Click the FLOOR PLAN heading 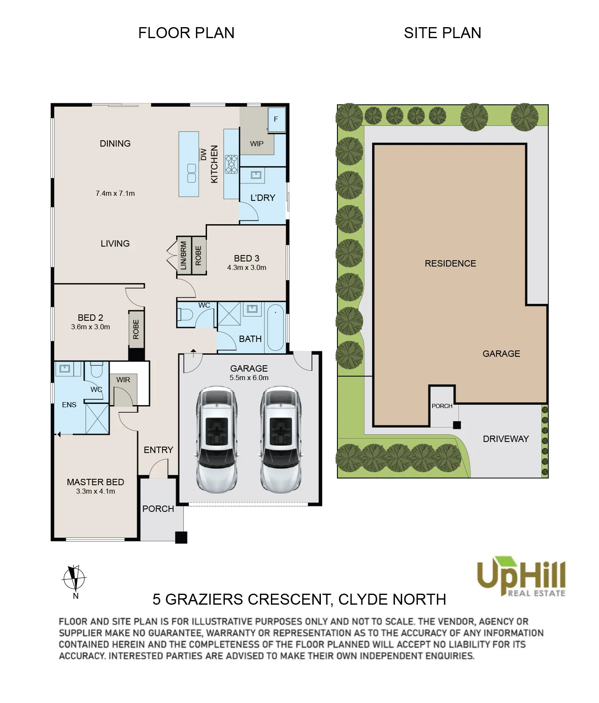[186, 33]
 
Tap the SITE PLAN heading [442, 33]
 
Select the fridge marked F [276, 119]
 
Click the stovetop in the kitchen [231, 164]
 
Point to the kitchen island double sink [191, 173]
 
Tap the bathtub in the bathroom [276, 327]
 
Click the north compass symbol [75, 578]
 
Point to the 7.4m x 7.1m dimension [115, 193]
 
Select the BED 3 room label [247, 258]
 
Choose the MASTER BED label [95, 482]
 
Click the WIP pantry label [257, 144]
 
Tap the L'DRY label [263, 197]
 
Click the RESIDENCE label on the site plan [450, 263]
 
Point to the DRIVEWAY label [506, 439]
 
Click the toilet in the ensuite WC [97, 370]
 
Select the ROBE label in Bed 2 [136, 329]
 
